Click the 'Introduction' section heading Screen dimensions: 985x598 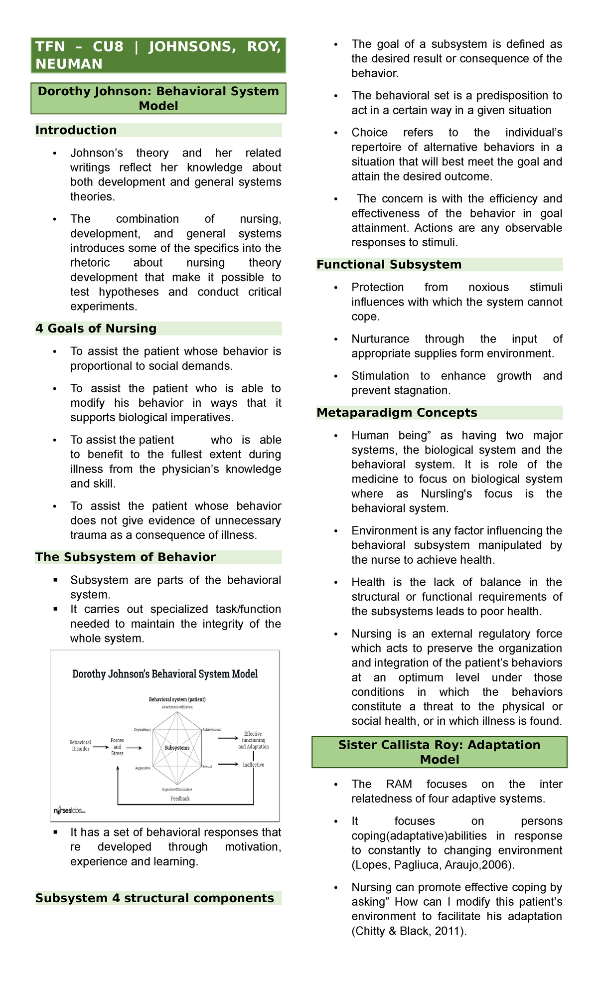[76, 130]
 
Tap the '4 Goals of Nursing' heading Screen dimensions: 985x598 [96, 328]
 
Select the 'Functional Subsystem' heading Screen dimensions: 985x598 [389, 265]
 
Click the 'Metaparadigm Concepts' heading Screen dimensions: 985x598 [397, 413]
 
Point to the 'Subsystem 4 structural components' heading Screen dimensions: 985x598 [154, 898]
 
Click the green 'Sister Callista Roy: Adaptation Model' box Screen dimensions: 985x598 [439, 752]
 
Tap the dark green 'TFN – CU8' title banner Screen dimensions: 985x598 [158, 55]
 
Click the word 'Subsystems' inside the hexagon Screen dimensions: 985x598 [177, 748]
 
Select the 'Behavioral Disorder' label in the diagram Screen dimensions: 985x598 [80, 746]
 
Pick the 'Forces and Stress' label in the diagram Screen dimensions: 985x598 [117, 747]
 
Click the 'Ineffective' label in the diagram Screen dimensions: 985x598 [253, 765]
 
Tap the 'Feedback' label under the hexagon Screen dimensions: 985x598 [180, 799]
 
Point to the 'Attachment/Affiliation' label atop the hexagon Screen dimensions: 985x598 [177, 707]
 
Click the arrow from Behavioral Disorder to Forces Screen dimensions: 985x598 [100, 747]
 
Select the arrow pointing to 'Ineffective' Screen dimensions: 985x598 [229, 764]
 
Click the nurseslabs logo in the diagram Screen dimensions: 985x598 [70, 811]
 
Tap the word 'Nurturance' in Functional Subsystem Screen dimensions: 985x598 [380, 339]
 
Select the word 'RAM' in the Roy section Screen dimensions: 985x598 [399, 784]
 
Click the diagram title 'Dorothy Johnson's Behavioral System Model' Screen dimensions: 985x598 [165, 674]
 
